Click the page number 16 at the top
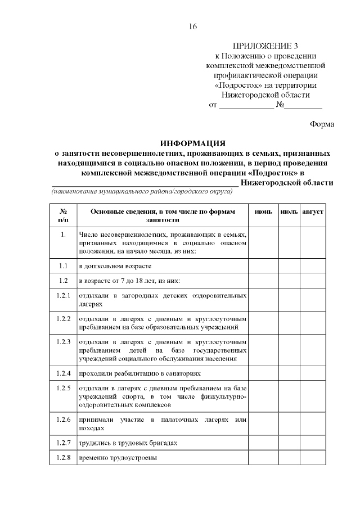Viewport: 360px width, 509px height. pos(193,26)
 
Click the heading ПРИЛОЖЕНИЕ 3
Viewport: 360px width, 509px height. pos(266,46)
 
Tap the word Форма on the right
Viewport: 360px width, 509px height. pos(322,124)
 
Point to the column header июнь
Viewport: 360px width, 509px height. pos(263,211)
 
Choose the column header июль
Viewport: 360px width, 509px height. pos(289,211)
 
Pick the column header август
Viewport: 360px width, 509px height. pos(312,211)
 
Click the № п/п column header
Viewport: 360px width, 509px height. pos(63,216)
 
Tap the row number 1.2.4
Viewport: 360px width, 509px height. pos(63,373)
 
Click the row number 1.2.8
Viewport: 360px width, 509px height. pos(63,457)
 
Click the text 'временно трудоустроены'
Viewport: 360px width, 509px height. pos(118,457)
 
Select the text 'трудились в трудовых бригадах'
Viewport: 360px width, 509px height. pos(128,443)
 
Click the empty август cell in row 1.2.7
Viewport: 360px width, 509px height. pos(312,443)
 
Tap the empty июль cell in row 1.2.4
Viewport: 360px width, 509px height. pos(289,373)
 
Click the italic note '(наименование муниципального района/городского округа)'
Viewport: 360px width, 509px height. pos(142,192)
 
